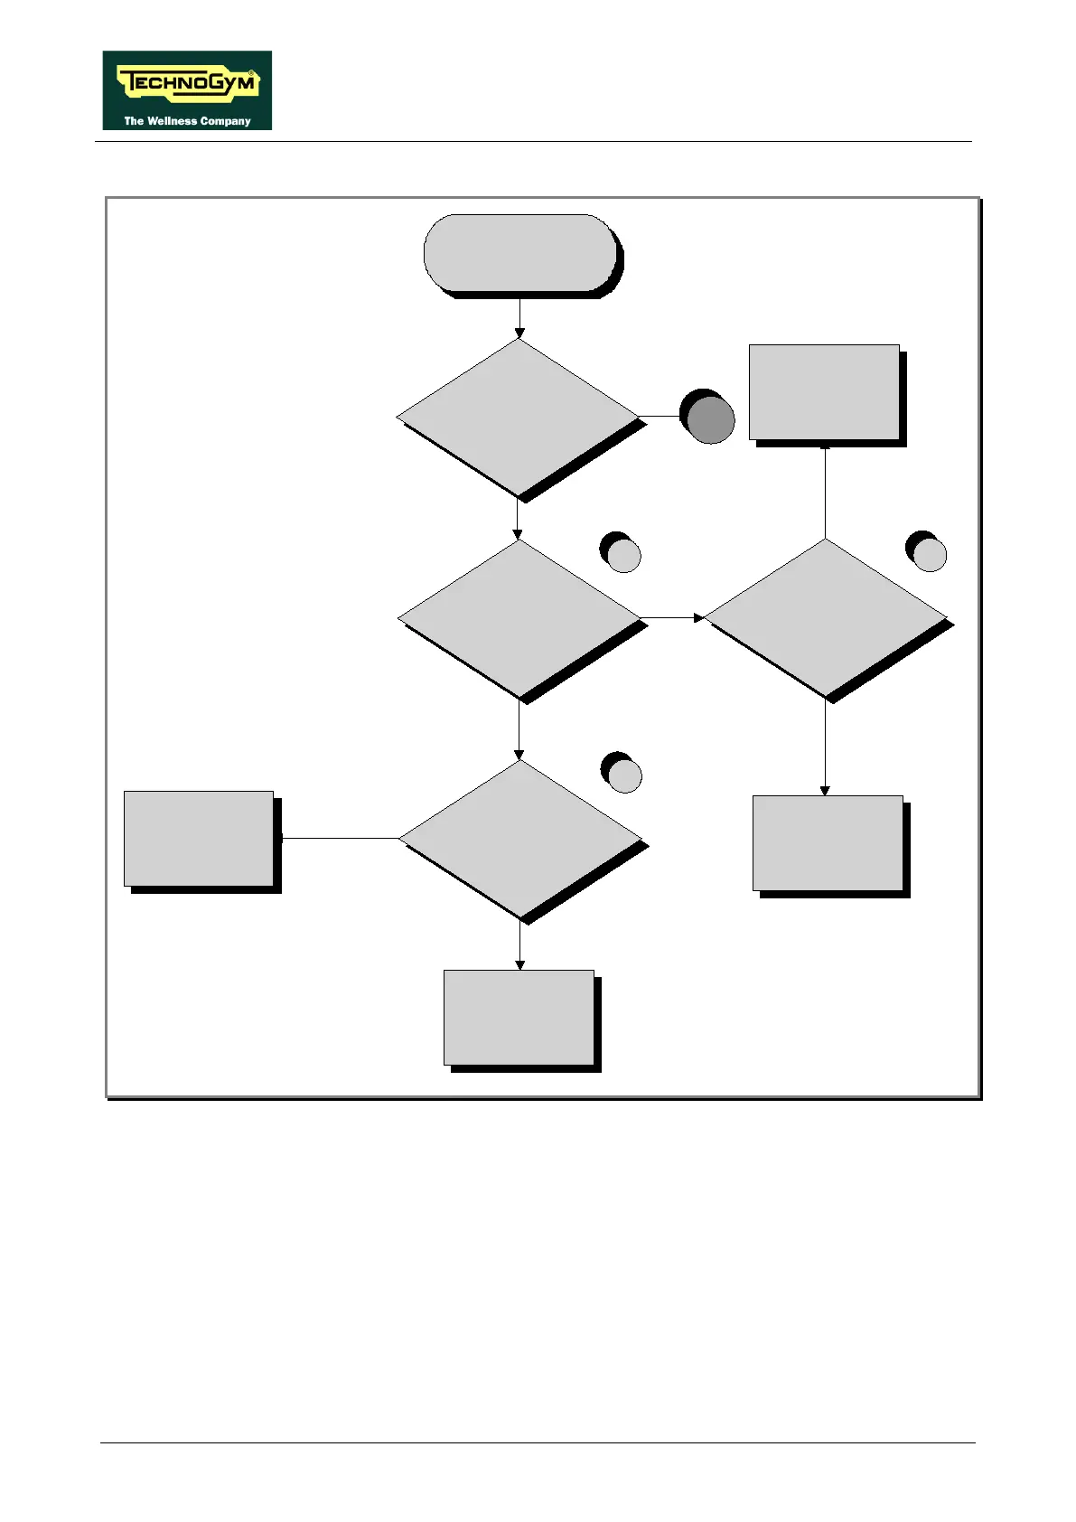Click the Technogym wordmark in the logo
(188, 84)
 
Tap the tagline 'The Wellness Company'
(187, 120)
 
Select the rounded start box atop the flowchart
(520, 253)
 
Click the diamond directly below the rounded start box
(518, 417)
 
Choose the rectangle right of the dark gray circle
(824, 392)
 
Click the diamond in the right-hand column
(825, 617)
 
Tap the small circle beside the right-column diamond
(928, 553)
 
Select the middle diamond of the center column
(519, 618)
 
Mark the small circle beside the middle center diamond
(622, 553)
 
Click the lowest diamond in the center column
(520, 839)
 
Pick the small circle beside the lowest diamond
(623, 775)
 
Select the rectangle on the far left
(199, 839)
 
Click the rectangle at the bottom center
(519, 1018)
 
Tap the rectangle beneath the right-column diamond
(828, 843)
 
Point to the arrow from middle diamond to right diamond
(671, 618)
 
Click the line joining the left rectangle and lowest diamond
(340, 839)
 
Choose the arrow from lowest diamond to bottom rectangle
(519, 945)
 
